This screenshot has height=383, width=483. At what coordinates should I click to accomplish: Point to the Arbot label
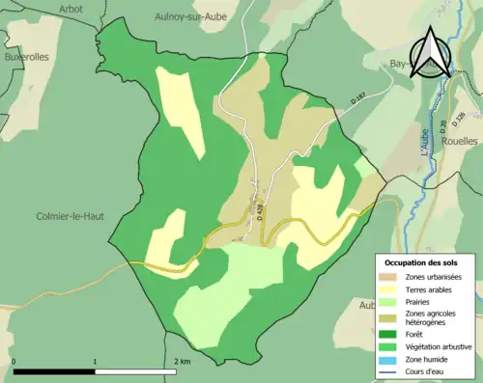71,9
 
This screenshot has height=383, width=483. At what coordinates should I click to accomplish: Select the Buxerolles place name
25,57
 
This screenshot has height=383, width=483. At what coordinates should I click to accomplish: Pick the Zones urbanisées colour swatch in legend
388,276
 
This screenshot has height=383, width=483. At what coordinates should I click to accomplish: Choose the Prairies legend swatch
388,301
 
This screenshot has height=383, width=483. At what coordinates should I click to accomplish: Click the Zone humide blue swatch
388,357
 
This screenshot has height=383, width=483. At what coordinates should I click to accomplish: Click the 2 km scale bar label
182,361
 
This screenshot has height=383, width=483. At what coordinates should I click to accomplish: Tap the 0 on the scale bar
14,361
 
